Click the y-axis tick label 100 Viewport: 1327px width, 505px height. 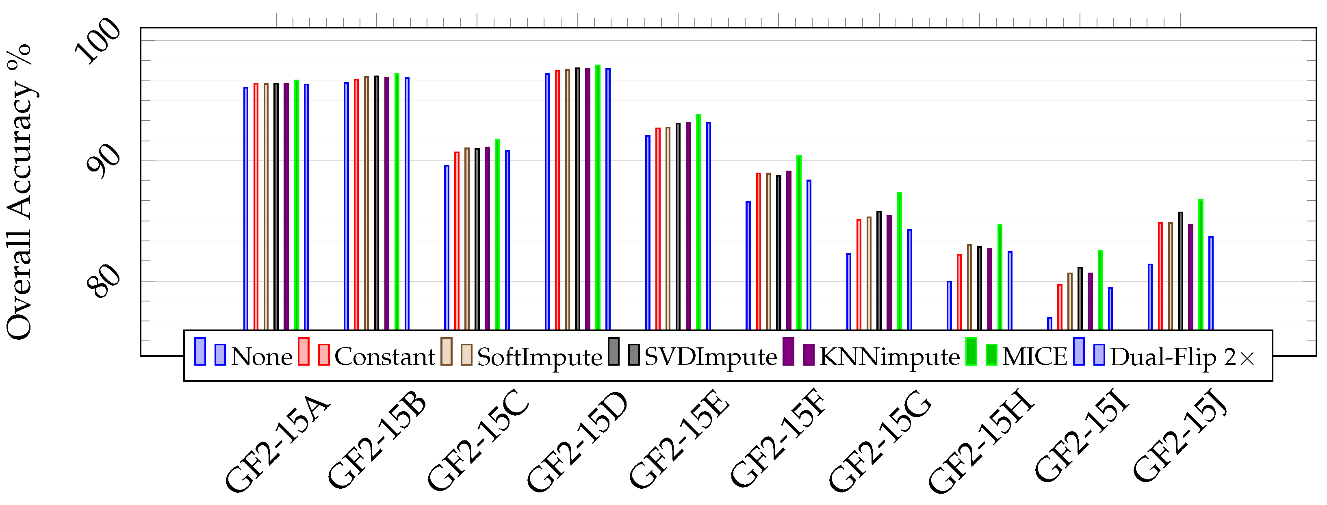pos(98,40)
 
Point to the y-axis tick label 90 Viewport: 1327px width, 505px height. pos(103,161)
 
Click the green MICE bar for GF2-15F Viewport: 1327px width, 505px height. pos(799,242)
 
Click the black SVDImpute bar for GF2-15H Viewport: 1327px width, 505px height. pos(979,288)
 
